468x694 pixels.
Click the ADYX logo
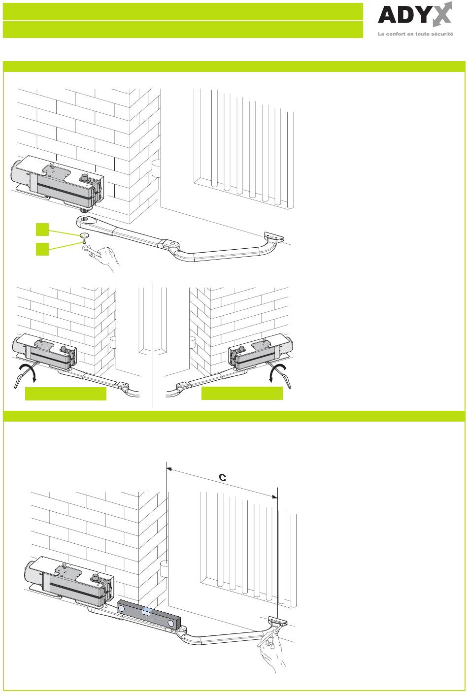point(414,16)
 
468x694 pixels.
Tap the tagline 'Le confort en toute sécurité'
point(415,34)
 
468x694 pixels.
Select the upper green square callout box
point(42,229)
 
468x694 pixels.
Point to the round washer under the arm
point(84,234)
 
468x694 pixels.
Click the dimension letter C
point(222,477)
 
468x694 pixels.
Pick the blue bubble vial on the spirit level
point(146,611)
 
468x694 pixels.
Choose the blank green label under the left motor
point(66,394)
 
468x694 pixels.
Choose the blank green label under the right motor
point(242,393)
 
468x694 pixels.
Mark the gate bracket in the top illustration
point(275,237)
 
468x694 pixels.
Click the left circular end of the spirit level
point(122,608)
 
